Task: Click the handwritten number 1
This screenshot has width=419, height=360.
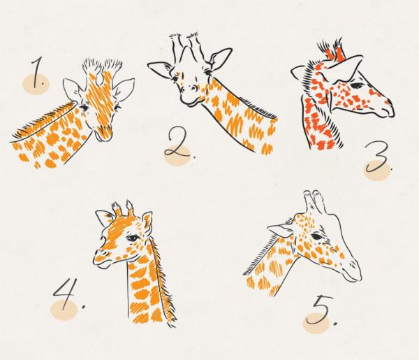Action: [38, 72]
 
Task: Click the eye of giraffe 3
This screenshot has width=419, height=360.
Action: [357, 86]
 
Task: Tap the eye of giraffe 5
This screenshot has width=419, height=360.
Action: [316, 236]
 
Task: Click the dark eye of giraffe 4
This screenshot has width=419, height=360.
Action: [133, 238]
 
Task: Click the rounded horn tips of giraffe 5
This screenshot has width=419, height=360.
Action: [312, 193]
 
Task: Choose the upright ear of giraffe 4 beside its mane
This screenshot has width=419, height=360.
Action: [147, 222]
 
